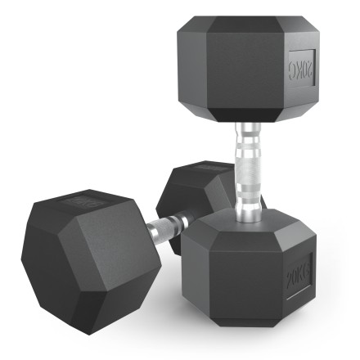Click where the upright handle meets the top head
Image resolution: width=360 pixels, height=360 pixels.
(248, 125)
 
